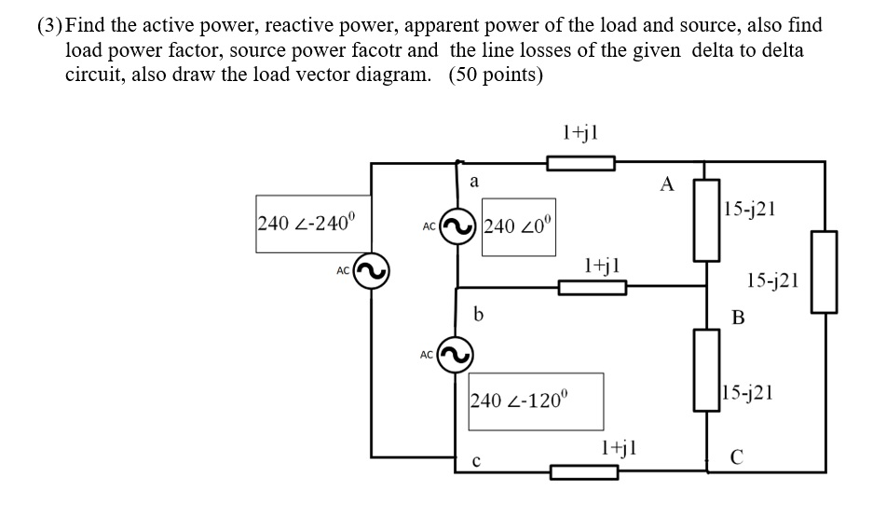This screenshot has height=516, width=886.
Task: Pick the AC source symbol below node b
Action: click(x=456, y=354)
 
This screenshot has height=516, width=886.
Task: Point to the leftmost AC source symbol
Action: click(x=370, y=271)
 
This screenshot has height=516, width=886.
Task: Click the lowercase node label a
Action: click(x=473, y=183)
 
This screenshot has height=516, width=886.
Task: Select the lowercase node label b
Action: click(x=478, y=314)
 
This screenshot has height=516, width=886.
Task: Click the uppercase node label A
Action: click(x=666, y=183)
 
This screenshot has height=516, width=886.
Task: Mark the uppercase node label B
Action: click(x=738, y=319)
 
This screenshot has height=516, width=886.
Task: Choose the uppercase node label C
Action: click(x=737, y=456)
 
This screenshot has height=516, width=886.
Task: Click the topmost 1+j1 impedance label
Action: click(x=580, y=132)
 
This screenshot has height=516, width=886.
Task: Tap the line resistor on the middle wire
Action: click(x=592, y=288)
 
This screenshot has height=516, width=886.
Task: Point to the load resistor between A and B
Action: click(x=705, y=228)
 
